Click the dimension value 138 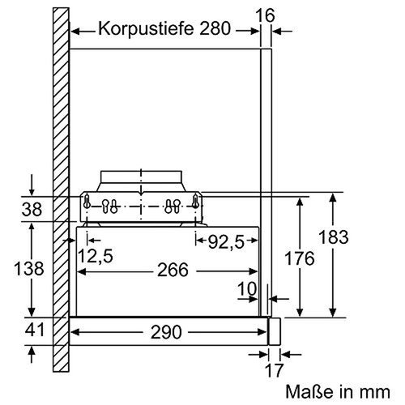click(x=30, y=269)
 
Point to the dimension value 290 click(x=166, y=332)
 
